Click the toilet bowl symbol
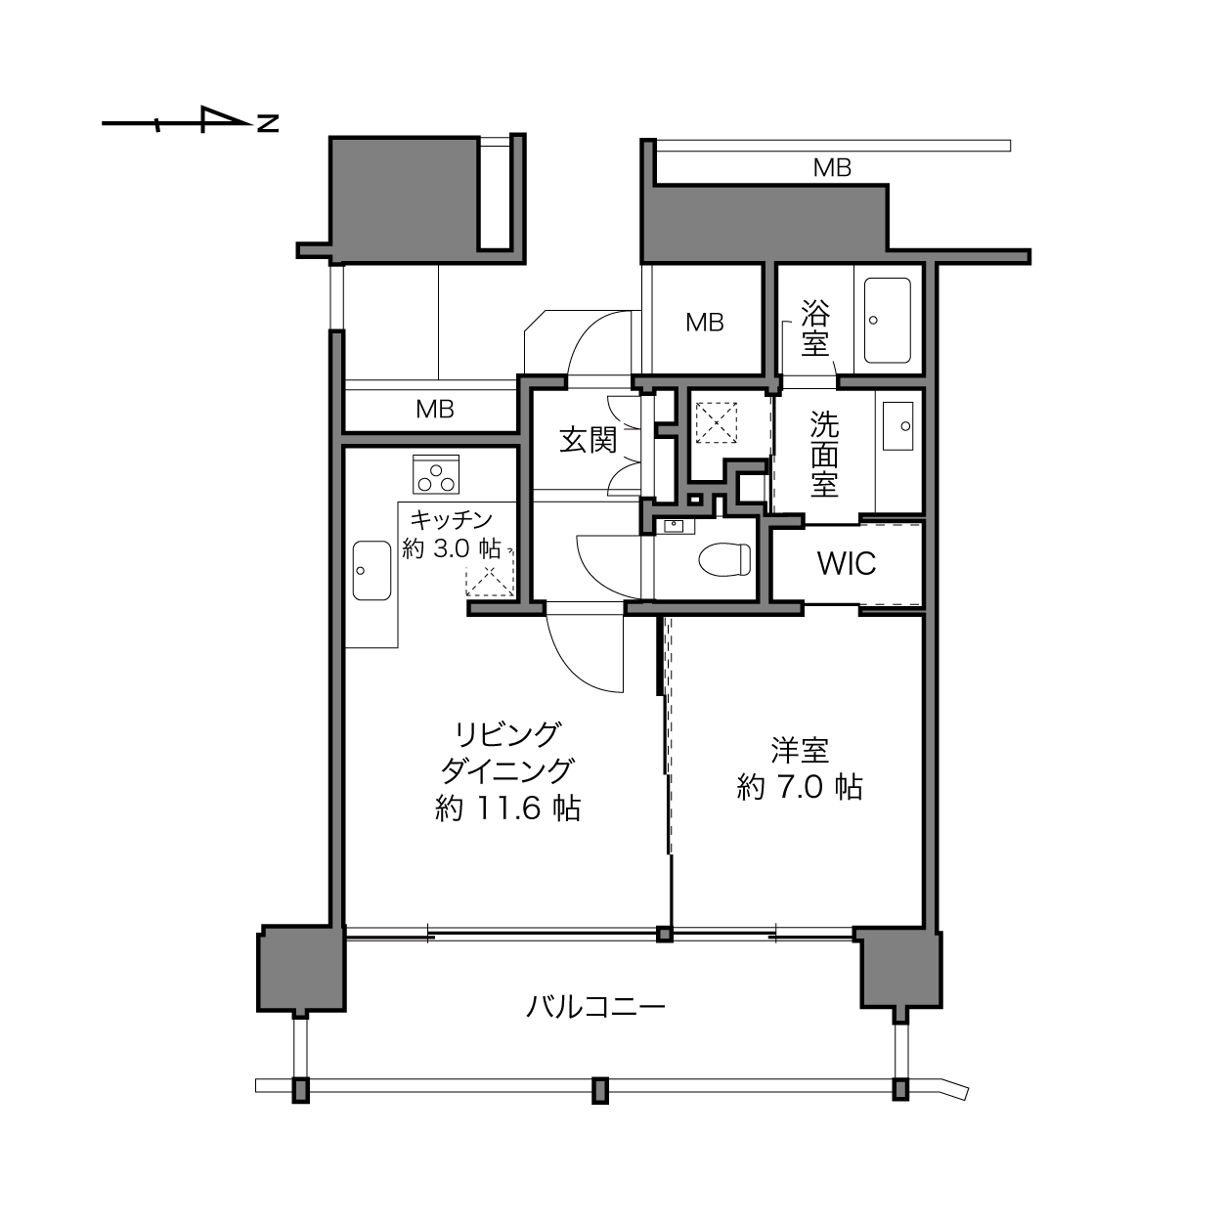point(724,559)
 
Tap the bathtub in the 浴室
point(888,320)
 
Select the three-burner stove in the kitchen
point(436,474)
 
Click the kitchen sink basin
point(372,570)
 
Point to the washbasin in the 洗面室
point(898,425)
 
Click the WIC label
point(847,563)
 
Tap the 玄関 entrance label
point(589,440)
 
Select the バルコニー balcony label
point(595,1007)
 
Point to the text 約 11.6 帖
point(507,809)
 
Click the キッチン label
point(452,520)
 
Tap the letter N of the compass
point(268,123)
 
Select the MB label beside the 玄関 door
point(705,323)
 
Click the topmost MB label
point(832,168)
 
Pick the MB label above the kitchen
point(435,410)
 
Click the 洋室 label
point(800,750)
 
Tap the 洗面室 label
point(824,454)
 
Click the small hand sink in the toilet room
point(674,526)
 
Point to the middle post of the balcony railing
point(600,1090)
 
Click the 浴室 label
point(815,328)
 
